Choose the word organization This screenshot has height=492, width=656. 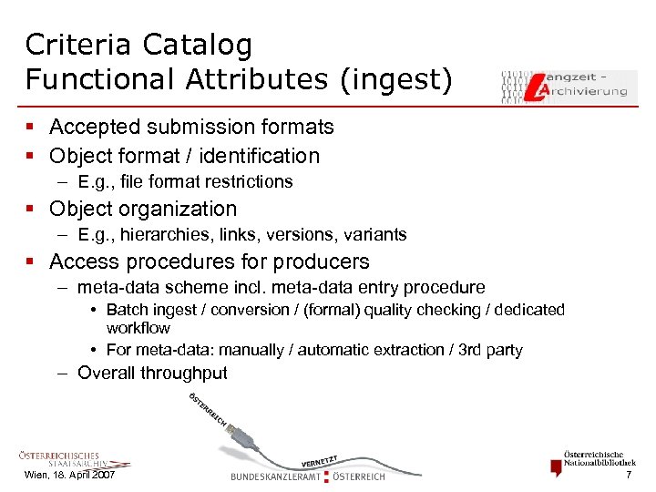(x=177, y=209)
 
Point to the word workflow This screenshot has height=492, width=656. (x=138, y=327)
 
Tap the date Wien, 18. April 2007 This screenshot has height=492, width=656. (x=69, y=477)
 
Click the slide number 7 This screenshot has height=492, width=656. (x=628, y=477)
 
